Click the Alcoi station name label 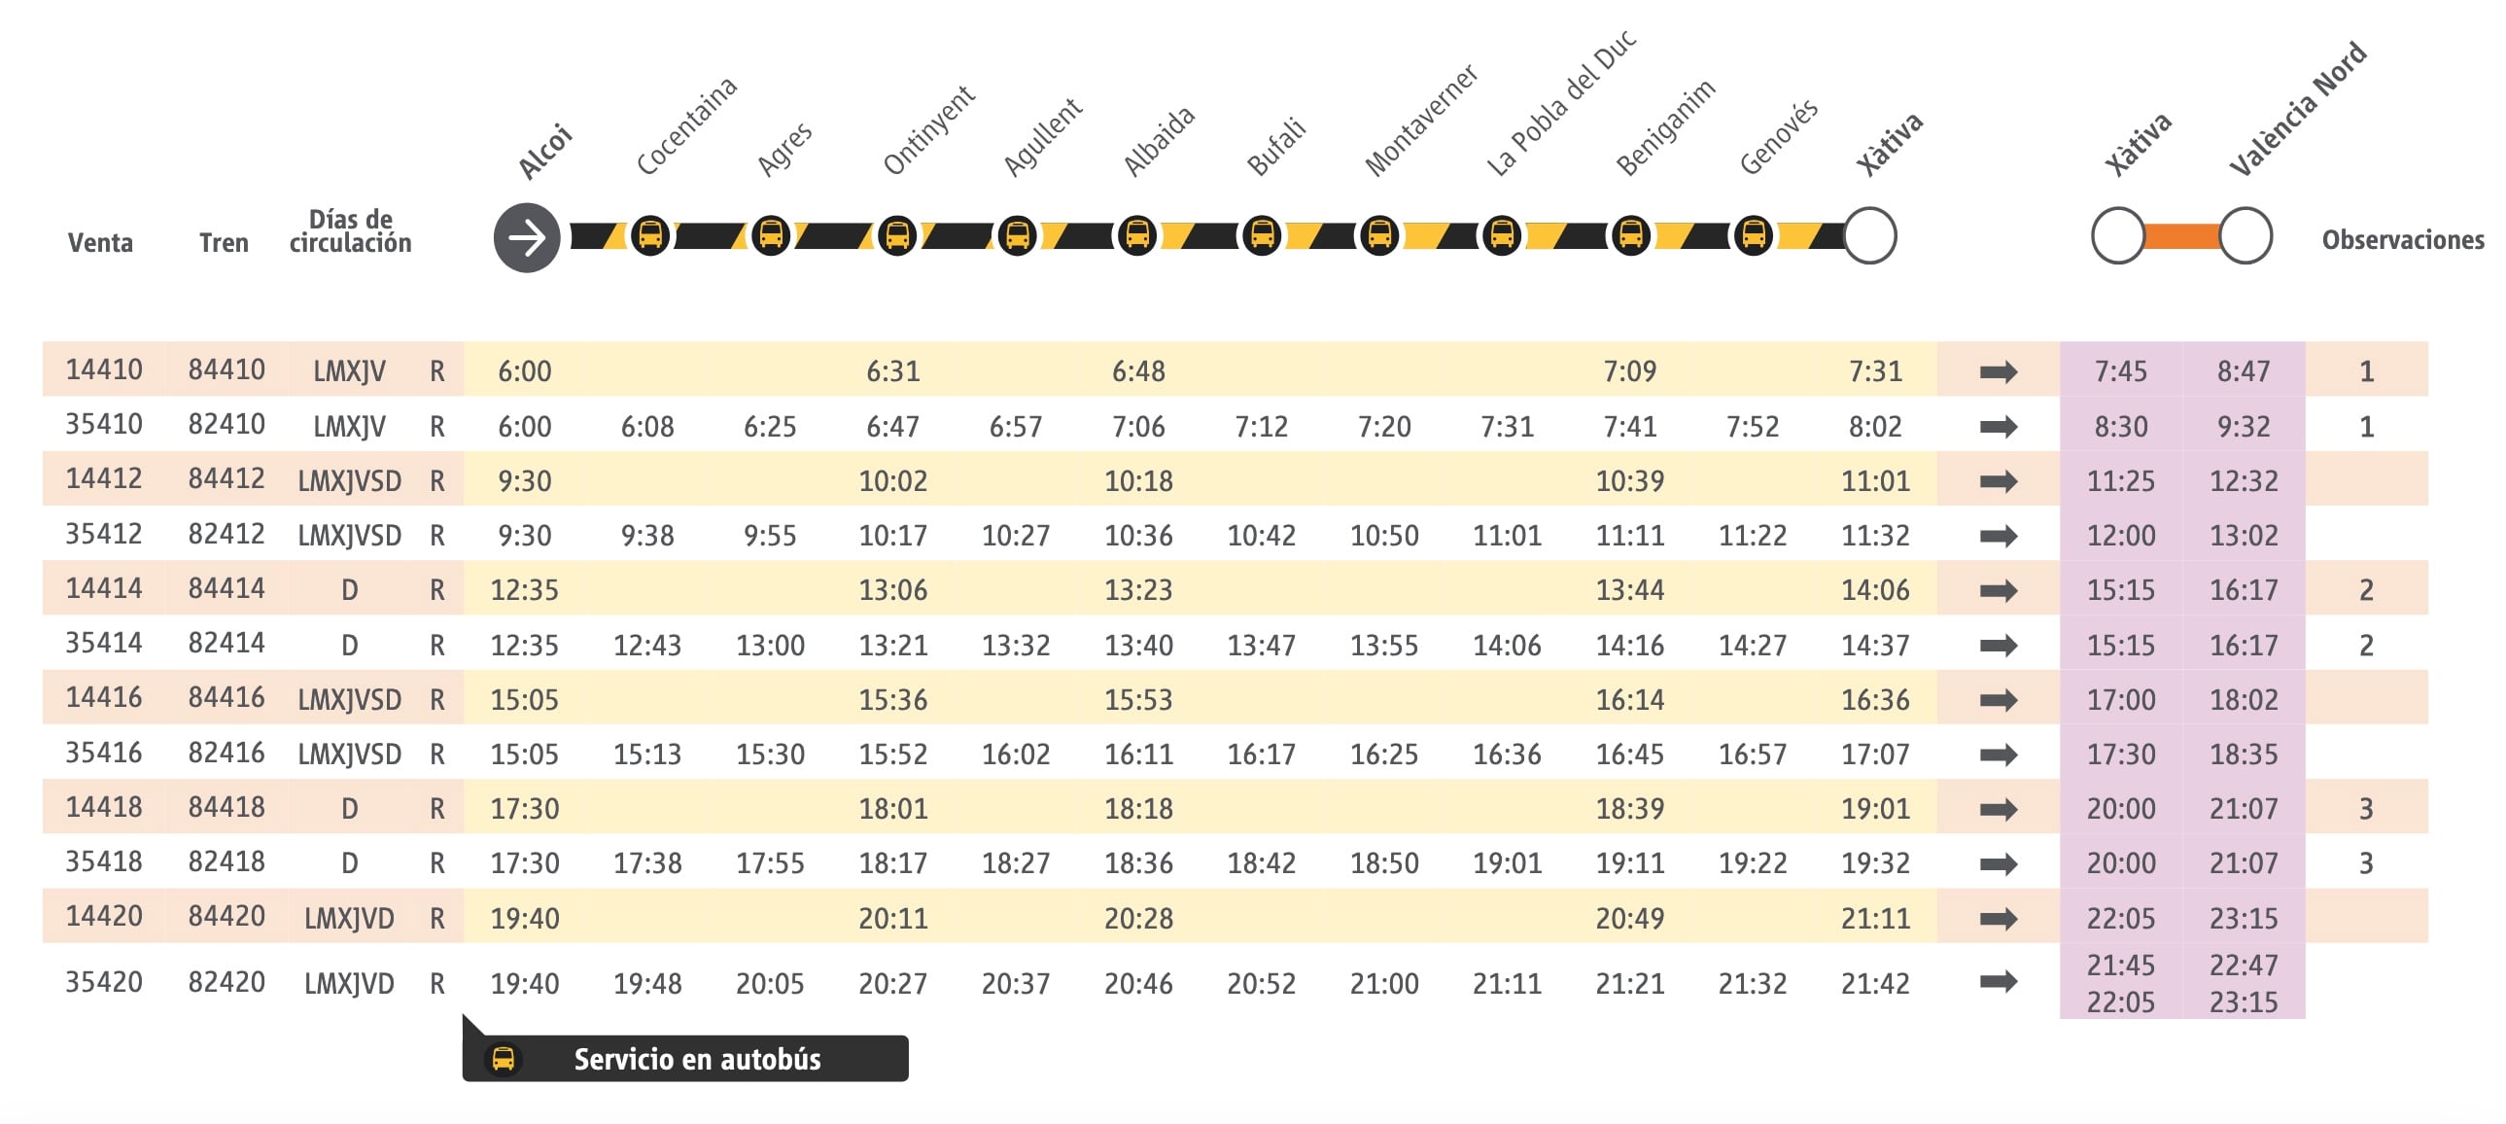tap(544, 151)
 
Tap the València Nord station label tap(2297, 108)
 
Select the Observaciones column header tap(2402, 240)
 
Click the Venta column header tap(100, 242)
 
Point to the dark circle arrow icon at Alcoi tap(526, 237)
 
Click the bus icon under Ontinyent tap(896, 235)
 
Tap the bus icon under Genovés tap(1753, 235)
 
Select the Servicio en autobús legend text tap(697, 1059)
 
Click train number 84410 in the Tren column tap(226, 369)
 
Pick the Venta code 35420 tap(103, 982)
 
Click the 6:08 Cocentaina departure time tap(647, 426)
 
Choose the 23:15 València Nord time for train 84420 tap(2244, 919)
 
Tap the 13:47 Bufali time tap(1261, 646)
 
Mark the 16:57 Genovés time tap(1752, 755)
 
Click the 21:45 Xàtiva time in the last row tap(2121, 966)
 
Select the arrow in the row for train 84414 tap(1999, 591)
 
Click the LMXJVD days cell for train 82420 tap(349, 984)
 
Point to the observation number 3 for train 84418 tap(2366, 809)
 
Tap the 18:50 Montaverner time tap(1383, 863)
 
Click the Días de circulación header tap(350, 231)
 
